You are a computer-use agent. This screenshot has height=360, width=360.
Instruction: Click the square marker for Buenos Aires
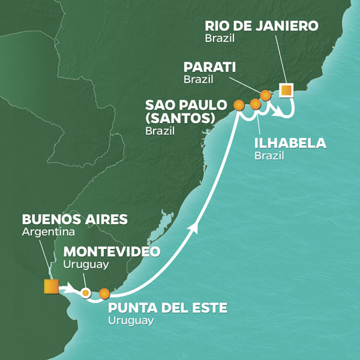(50, 287)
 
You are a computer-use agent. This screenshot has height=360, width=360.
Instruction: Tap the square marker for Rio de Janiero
(286, 91)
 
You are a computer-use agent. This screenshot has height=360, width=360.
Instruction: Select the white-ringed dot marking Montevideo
(86, 293)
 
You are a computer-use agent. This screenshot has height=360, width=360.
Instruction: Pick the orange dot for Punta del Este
(104, 293)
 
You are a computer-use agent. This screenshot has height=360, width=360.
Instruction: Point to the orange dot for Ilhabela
(256, 104)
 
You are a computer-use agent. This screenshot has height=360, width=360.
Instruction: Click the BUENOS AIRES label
(74, 219)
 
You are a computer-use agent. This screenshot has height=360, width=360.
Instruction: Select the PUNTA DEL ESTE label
(167, 308)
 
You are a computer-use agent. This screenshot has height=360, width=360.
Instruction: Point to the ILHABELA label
(290, 143)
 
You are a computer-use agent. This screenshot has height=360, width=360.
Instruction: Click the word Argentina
(45, 232)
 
